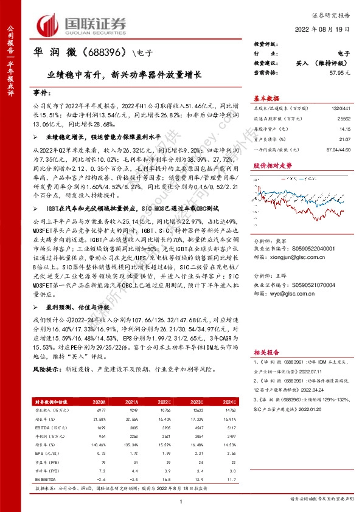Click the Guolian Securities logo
tap(82, 25)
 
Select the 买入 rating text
tap(302, 63)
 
